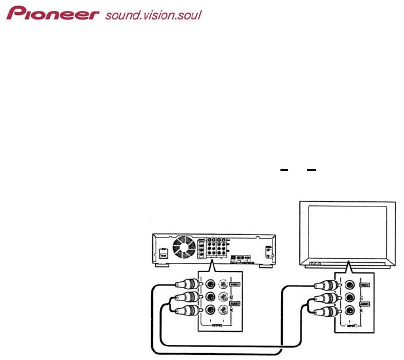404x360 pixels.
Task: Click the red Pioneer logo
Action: click(53, 13)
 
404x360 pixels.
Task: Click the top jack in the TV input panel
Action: click(348, 284)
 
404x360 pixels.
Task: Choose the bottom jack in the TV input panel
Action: click(348, 311)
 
